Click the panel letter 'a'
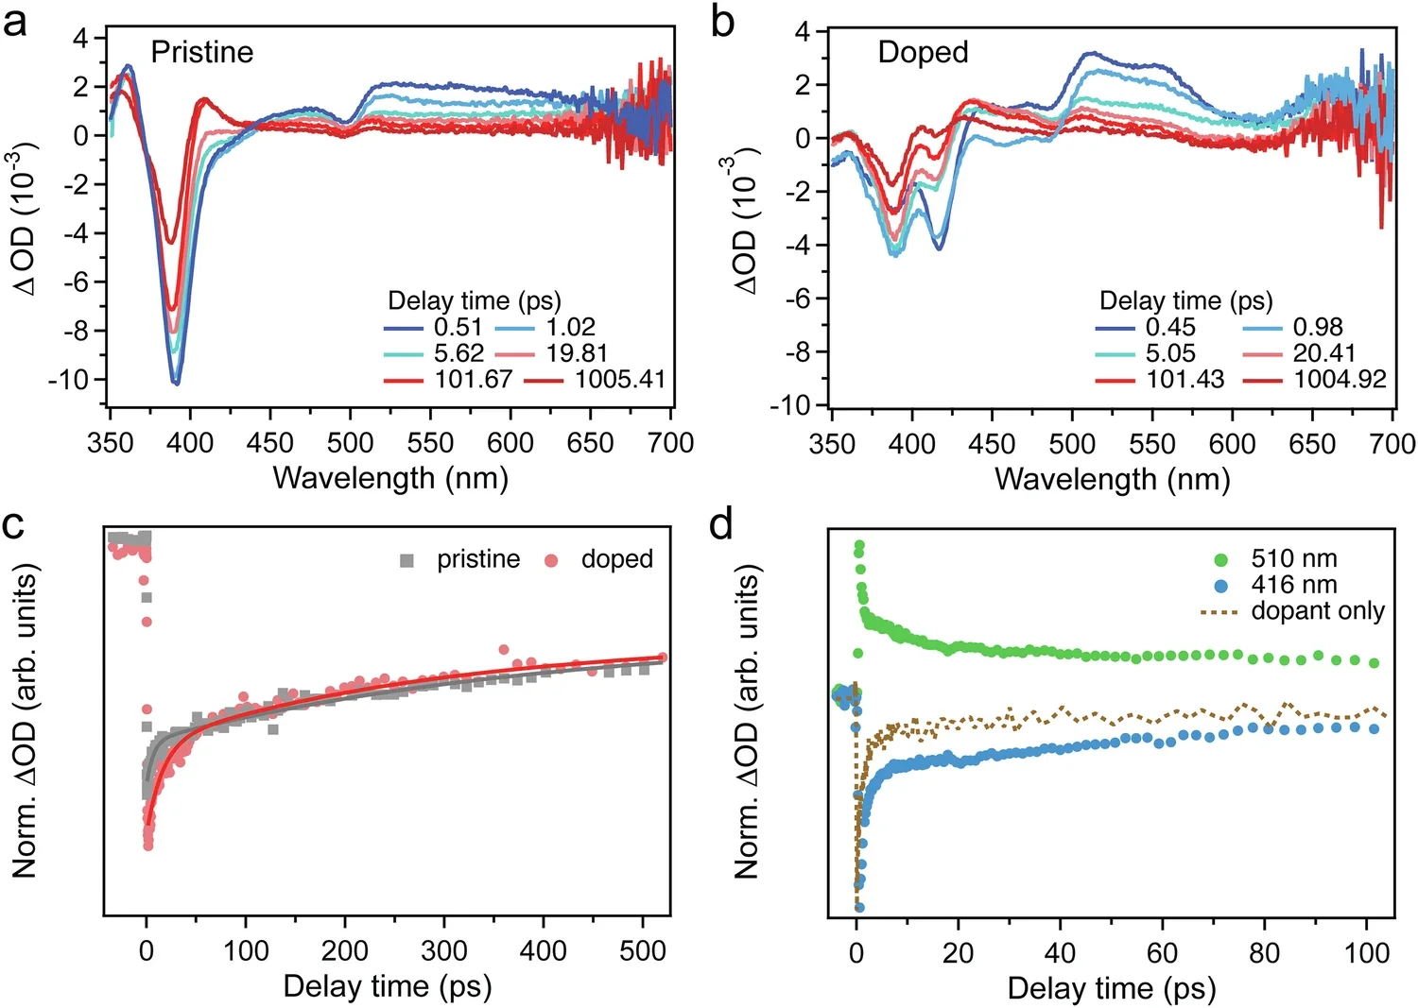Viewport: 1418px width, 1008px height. pyautogui.click(x=15, y=21)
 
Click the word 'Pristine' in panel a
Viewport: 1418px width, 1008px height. pyautogui.click(x=202, y=52)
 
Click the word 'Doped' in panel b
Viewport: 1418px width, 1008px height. pyautogui.click(x=923, y=52)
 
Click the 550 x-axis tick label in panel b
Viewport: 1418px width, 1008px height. pyautogui.click(x=1151, y=444)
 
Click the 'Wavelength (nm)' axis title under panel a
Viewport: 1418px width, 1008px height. pyautogui.click(x=390, y=478)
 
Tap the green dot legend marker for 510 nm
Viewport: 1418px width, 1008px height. pyautogui.click(x=1220, y=559)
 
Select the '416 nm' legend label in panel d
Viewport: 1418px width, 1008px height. pyautogui.click(x=1293, y=585)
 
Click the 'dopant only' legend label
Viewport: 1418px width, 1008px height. pyautogui.click(x=1317, y=611)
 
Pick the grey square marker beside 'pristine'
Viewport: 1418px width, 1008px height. pyautogui.click(x=406, y=560)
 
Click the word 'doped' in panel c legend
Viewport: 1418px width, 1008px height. pyautogui.click(x=616, y=559)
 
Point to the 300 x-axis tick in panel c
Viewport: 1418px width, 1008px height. pyautogui.click(x=444, y=950)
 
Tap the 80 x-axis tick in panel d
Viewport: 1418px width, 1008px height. pyautogui.click(x=1264, y=952)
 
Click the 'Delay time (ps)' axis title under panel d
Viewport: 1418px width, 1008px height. pyautogui.click(x=1111, y=988)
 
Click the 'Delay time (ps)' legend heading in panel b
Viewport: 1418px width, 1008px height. pyautogui.click(x=1185, y=301)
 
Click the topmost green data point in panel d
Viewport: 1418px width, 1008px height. pyautogui.click(x=859, y=545)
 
